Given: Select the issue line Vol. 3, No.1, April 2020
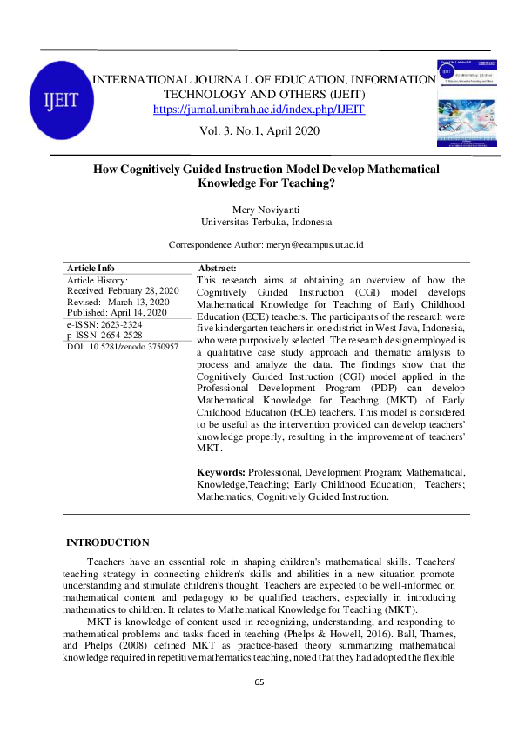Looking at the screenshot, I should coord(259,131).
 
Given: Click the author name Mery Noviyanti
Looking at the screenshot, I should coord(259,210).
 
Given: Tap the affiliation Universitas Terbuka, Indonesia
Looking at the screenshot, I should coord(259,223).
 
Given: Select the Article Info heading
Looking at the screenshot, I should coord(91,269).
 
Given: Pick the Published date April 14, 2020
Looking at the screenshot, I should coord(142,312).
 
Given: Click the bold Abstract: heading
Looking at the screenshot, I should coord(218,269).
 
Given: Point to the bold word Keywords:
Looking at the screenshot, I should coord(222,470).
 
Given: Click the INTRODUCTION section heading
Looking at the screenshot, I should coord(108,543).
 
